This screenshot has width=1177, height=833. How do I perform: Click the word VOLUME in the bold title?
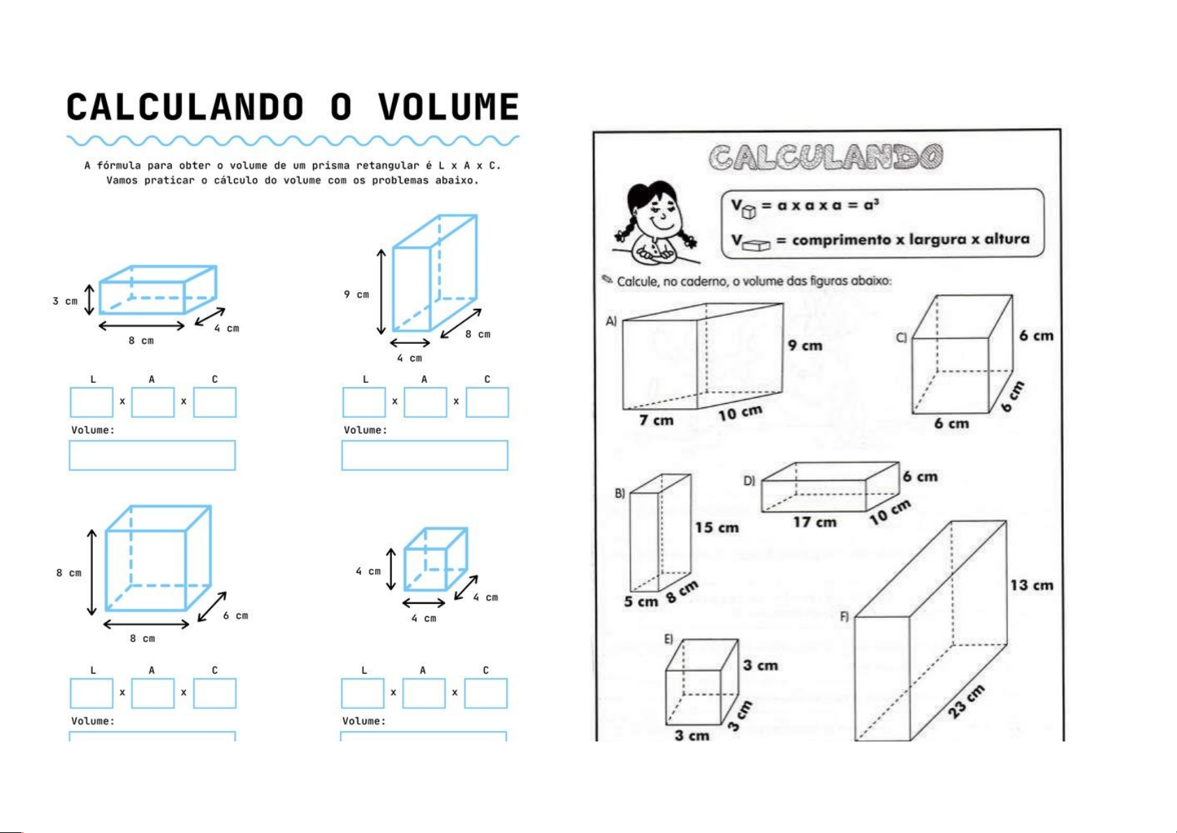pos(448,108)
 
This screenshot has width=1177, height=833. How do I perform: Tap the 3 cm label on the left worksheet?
pos(65,301)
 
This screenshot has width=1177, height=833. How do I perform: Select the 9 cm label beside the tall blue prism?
pos(356,294)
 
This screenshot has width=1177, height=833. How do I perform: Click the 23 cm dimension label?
pos(967,701)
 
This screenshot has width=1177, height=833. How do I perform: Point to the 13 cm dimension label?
pos(1031,586)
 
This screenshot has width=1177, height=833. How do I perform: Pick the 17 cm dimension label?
pos(814,522)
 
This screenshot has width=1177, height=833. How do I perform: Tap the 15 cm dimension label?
pos(717,528)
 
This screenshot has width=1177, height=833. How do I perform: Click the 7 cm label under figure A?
pos(656,420)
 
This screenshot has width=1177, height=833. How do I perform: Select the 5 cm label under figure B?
pos(641,602)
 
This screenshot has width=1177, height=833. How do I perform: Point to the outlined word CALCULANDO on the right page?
pos(826,157)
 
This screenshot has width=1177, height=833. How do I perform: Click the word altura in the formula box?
pos(1007,239)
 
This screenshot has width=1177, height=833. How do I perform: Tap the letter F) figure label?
pos(844,616)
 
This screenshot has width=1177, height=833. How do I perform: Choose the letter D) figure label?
pos(749,481)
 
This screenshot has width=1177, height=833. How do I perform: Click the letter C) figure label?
pos(901,338)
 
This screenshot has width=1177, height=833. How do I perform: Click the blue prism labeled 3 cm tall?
pos(157,290)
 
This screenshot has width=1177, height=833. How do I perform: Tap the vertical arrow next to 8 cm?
pos(92,572)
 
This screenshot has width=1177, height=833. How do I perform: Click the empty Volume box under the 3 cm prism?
pos(152,455)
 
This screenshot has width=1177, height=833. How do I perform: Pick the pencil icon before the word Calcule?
pos(607,280)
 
